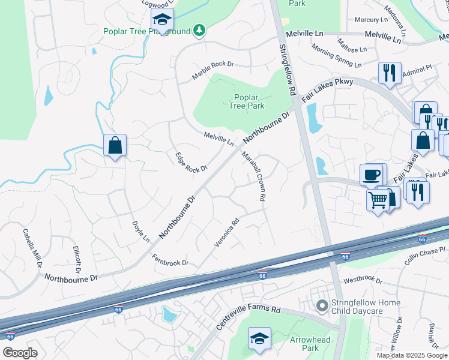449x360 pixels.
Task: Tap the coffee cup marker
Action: click(373, 175)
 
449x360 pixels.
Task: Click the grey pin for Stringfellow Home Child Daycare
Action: click(322, 307)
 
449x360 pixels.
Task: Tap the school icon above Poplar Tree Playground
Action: click(162, 20)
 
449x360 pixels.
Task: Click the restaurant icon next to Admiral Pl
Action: click(390, 73)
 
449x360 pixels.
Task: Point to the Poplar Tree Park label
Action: click(246, 101)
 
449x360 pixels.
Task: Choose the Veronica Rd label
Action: click(227, 232)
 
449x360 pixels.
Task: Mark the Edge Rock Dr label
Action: click(191, 161)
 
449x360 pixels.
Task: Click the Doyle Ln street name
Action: click(140, 231)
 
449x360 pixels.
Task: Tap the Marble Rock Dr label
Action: click(212, 70)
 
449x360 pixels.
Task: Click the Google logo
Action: click(20, 353)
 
